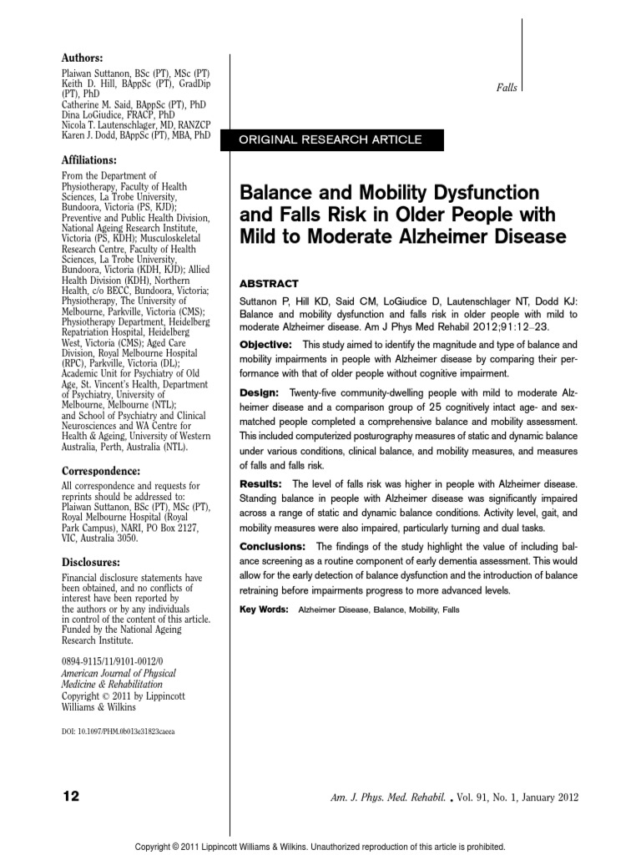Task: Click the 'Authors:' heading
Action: click(x=83, y=58)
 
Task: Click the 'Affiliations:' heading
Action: click(x=90, y=159)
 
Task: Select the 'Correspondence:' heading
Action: click(x=98, y=470)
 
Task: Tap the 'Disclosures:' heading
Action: click(x=91, y=563)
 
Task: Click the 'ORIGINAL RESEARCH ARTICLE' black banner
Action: click(x=331, y=139)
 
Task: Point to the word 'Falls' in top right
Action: click(x=507, y=88)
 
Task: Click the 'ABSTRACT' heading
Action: click(x=269, y=284)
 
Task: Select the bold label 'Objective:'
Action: click(x=265, y=344)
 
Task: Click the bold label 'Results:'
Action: click(x=261, y=484)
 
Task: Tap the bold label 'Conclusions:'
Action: click(x=272, y=546)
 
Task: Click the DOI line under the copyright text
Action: click(x=119, y=731)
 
